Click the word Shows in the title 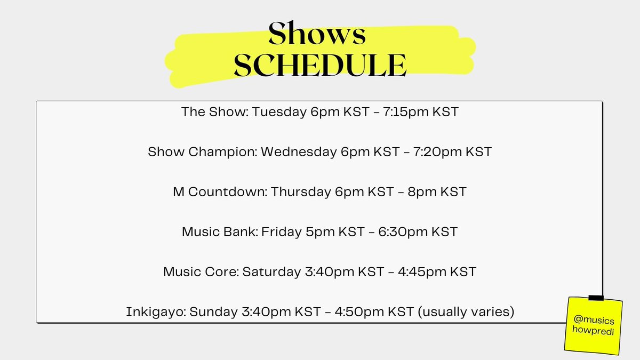coord(317,34)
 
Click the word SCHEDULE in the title coord(320,65)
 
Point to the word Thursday coord(301,192)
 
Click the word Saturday coord(271,272)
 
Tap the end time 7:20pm coord(437,152)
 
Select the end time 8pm coord(421,192)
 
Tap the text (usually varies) coord(466,312)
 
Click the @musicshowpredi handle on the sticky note coord(593,325)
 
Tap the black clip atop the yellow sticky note coord(596,297)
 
